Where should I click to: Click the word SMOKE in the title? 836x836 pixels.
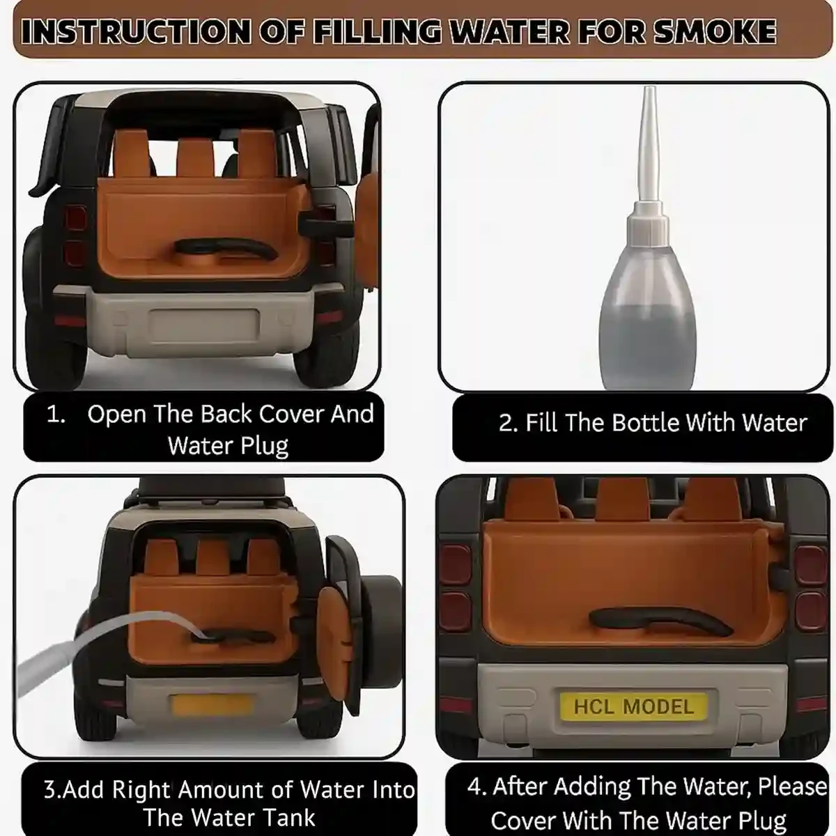point(715,31)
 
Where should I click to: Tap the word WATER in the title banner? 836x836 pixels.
point(511,31)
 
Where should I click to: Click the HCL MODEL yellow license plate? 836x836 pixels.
point(633,706)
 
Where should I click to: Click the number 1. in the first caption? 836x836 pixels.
point(56,415)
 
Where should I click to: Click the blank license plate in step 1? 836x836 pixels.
point(204,326)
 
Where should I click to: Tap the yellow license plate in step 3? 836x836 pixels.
point(212,705)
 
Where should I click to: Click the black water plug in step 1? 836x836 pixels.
point(225,249)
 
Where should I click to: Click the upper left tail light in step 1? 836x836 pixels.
point(75,218)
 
